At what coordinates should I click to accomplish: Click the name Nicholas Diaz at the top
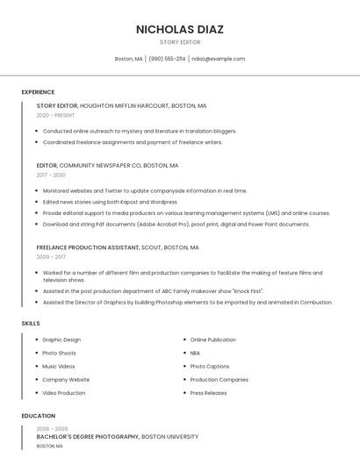pyautogui.click(x=180, y=29)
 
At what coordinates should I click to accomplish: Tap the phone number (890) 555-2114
pyautogui.click(x=167, y=59)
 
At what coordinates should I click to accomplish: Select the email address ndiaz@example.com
pyautogui.click(x=218, y=59)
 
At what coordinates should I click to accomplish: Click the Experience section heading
pyautogui.click(x=38, y=92)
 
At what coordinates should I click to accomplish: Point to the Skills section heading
pyautogui.click(x=31, y=324)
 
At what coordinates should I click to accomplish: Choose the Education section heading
pyautogui.click(x=38, y=416)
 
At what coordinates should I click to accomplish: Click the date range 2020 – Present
pyautogui.click(x=55, y=115)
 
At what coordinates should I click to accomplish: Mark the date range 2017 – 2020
pyautogui.click(x=51, y=175)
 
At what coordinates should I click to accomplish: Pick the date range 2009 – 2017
pyautogui.click(x=51, y=257)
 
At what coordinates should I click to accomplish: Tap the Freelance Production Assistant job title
pyautogui.click(x=88, y=247)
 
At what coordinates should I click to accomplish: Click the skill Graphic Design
pyautogui.click(x=61, y=340)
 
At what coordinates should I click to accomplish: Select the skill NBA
pyautogui.click(x=195, y=353)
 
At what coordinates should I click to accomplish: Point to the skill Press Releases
pyautogui.click(x=208, y=393)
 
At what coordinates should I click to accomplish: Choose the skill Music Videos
pyautogui.click(x=59, y=366)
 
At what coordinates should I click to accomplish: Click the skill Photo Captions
pyautogui.click(x=210, y=366)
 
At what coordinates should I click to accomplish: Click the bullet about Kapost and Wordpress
pyautogui.click(x=110, y=202)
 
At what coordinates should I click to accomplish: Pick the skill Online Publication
pyautogui.click(x=212, y=340)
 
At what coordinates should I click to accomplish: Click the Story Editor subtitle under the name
pyautogui.click(x=180, y=42)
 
